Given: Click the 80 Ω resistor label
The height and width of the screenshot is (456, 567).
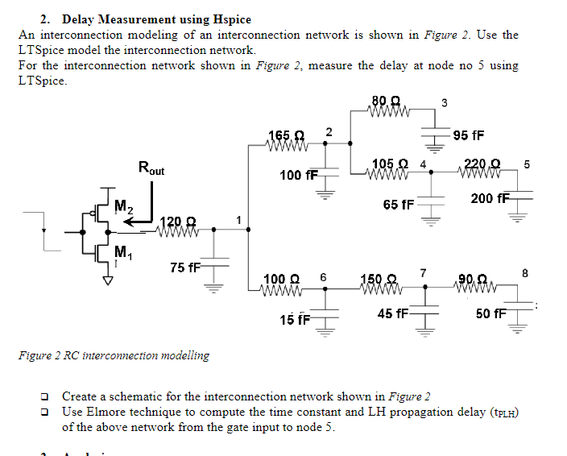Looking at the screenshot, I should coord(387,101).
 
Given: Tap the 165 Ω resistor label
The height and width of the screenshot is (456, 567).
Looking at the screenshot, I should coord(285,135).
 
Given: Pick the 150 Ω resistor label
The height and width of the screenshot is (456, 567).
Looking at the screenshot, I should coord(379,279).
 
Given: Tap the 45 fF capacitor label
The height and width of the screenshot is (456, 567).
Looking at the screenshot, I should coord(393,313).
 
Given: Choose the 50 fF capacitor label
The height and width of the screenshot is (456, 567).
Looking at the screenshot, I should coord(490,313).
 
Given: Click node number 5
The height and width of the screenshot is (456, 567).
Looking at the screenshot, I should coord(527,164).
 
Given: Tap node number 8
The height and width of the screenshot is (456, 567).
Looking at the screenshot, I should coord(525,273).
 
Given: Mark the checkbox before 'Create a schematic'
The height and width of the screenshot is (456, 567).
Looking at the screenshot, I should coord(47,396).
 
